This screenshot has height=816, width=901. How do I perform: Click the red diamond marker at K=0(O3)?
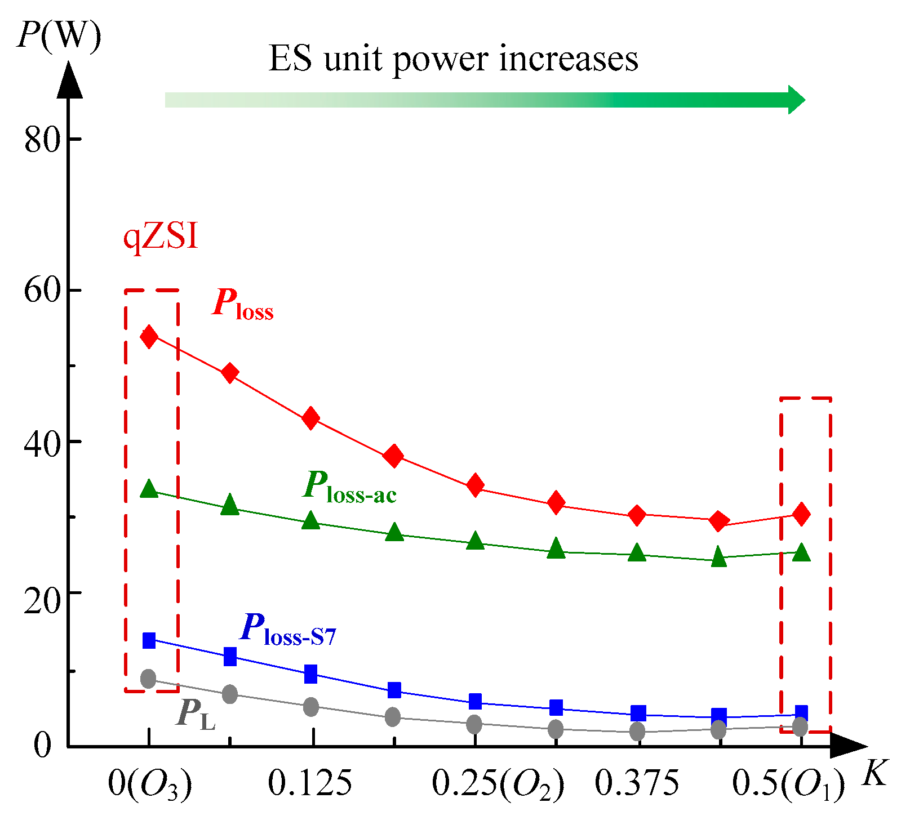pyautogui.click(x=149, y=337)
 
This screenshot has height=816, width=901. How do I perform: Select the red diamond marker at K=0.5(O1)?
pyautogui.click(x=801, y=514)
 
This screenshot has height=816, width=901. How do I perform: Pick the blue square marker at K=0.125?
pyautogui.click(x=310, y=674)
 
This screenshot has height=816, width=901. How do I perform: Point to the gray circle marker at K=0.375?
pyautogui.click(x=637, y=732)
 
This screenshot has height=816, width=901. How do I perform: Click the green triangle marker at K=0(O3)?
pyautogui.click(x=149, y=489)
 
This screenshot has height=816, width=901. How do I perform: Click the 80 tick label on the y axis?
pyautogui.click(x=42, y=139)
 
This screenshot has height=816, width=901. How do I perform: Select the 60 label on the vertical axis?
pyautogui.click(x=42, y=291)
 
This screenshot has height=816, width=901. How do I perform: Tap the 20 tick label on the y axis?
pyautogui.click(x=42, y=601)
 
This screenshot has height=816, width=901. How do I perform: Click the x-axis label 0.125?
pyautogui.click(x=310, y=783)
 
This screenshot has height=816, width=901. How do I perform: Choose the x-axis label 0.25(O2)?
pyautogui.click(x=498, y=784)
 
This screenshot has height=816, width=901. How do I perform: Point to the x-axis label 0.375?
pyautogui.click(x=637, y=783)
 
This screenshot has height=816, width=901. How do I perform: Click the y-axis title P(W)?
pyautogui.click(x=59, y=35)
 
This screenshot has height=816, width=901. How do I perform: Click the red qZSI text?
pyautogui.click(x=161, y=237)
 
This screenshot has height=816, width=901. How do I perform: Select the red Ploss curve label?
pyautogui.click(x=243, y=305)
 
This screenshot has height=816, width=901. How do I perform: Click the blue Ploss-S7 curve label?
pyautogui.click(x=288, y=630)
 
